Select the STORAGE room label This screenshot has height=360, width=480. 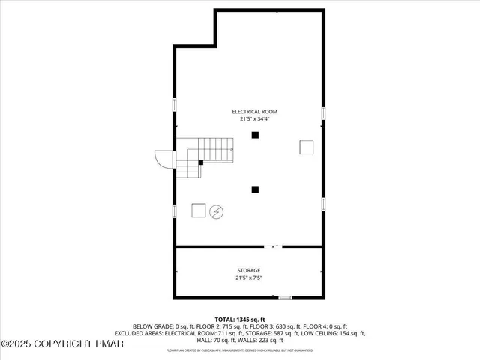tap(249, 270)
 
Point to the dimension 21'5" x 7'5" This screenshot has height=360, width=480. tap(249, 277)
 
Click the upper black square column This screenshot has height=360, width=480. tap(256, 135)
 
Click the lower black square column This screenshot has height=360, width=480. tap(256, 190)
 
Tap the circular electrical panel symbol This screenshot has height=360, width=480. tap(217, 211)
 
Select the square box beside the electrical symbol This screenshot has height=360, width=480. tap(199, 211)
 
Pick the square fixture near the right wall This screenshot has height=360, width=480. tap(306, 146)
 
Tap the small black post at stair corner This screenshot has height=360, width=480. tap(200, 162)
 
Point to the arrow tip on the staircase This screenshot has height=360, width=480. tap(232, 149)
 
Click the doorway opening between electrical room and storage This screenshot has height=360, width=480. tap(274, 246)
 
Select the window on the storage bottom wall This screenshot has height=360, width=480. tap(285, 298)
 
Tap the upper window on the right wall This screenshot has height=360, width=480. tap(324, 112)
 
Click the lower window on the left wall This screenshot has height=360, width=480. tap(175, 211)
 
